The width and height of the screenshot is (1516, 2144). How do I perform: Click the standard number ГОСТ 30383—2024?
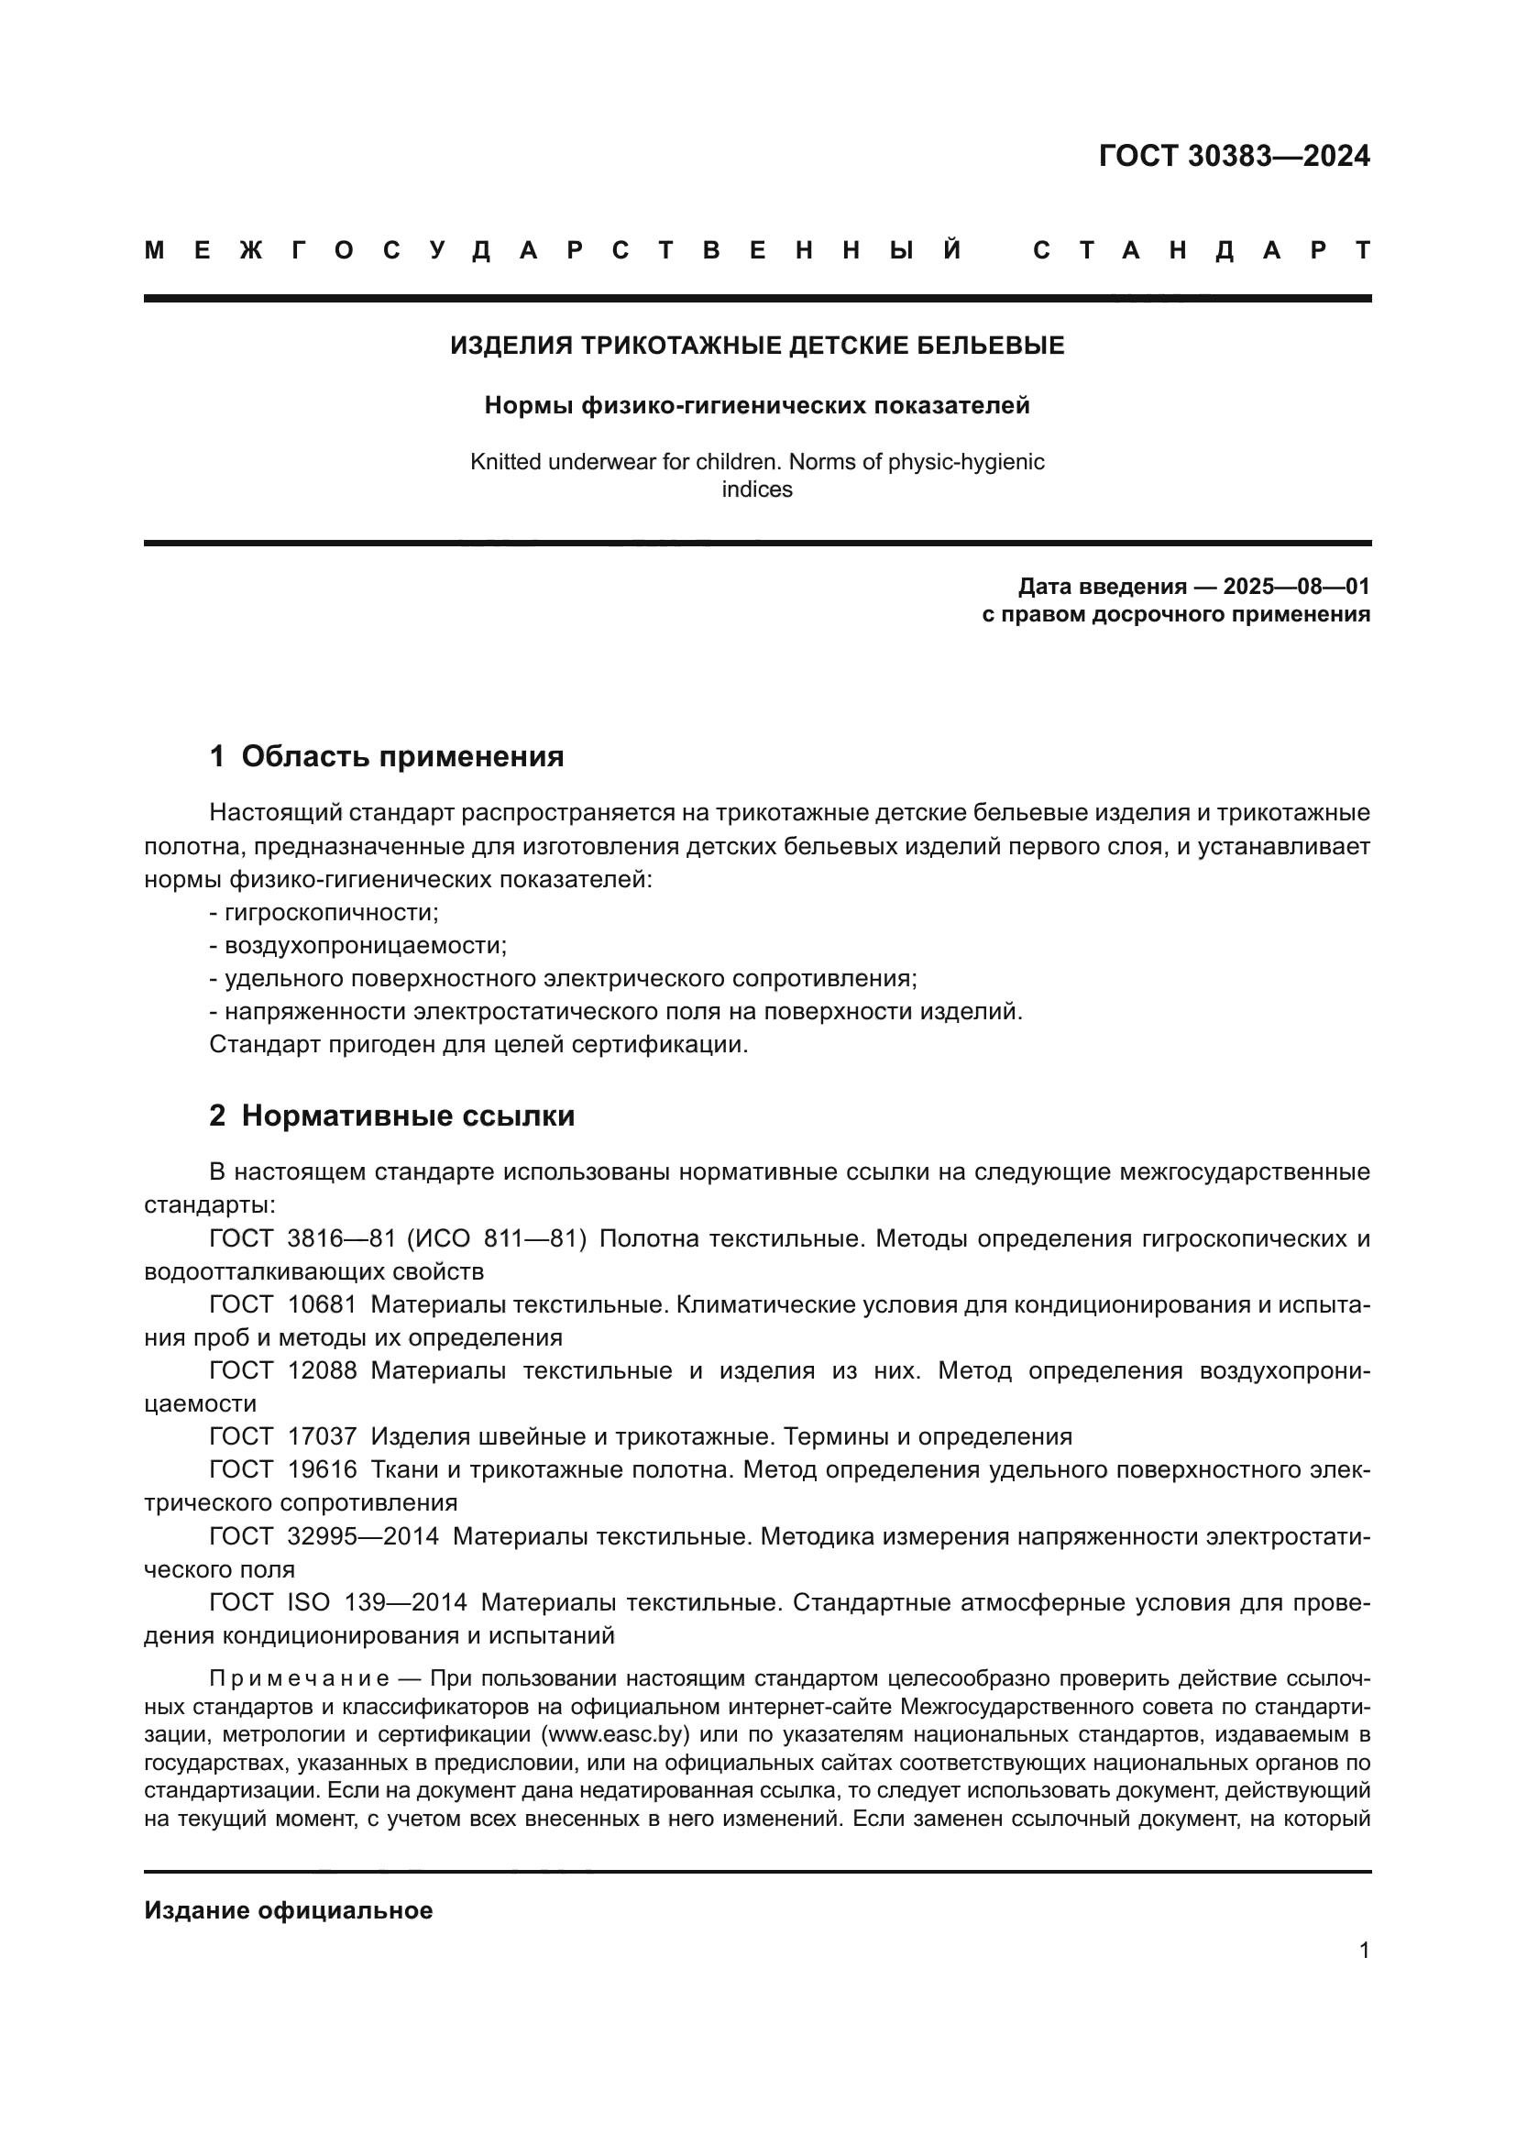pos(1233,156)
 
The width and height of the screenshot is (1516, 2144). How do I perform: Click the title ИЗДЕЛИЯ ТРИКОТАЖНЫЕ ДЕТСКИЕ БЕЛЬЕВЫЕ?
pos(757,346)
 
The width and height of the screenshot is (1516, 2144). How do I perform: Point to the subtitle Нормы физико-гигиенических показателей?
pos(757,405)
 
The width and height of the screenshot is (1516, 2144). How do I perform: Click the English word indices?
pos(757,489)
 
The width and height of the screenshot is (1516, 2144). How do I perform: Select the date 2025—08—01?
pos(1296,587)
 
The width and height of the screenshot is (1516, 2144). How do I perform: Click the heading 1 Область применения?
pos(387,755)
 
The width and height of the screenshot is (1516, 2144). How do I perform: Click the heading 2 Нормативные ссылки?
pos(392,1115)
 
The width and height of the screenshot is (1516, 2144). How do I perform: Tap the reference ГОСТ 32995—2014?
pos(324,1535)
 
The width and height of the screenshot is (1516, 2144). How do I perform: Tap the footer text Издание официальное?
pos(289,1909)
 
